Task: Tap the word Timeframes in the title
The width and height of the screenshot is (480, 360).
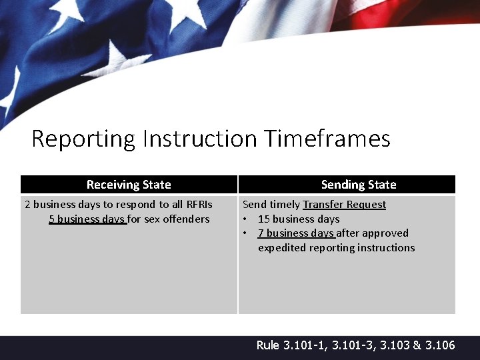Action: [x=327, y=139]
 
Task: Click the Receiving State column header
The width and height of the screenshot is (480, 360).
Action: [x=129, y=185]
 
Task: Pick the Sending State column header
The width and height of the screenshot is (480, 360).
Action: [x=359, y=185]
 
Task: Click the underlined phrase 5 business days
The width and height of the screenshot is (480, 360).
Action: [x=87, y=219]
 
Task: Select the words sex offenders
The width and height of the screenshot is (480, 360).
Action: [x=177, y=219]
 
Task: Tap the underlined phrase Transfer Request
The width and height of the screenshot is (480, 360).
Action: [x=344, y=205]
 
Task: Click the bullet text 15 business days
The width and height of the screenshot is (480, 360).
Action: [x=299, y=219]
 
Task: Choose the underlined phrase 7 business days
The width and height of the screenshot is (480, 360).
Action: [x=296, y=233]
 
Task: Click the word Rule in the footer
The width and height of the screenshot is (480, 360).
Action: [x=268, y=345]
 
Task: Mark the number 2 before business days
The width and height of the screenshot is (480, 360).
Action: [x=27, y=205]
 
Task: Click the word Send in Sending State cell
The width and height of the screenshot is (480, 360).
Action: [x=254, y=205]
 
